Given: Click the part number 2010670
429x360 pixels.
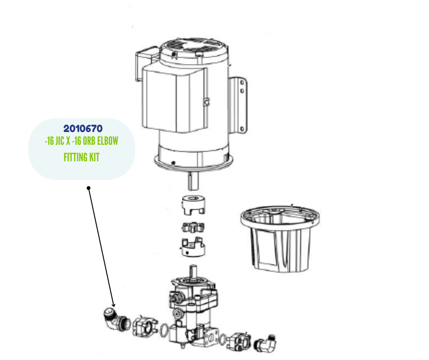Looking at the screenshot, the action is coord(83,128).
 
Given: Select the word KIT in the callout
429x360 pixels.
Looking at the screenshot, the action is coord(94,157).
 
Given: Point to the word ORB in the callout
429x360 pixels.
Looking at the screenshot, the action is coord(89,141).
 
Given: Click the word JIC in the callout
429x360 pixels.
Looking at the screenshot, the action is coord(60,141).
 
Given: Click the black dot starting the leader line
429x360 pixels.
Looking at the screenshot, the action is coord(89,188).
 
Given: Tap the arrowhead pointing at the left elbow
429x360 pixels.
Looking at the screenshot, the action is coord(113,305).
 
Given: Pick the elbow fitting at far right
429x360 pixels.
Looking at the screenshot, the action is coord(265,343).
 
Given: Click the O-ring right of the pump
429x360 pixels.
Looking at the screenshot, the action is coord(222,340).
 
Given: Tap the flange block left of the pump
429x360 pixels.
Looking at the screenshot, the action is coord(145,326).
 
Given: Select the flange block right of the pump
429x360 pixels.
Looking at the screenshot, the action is coord(239,341).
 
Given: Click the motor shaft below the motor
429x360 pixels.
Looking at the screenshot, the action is coord(193,181).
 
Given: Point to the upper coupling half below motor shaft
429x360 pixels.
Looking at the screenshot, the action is coord(193,205).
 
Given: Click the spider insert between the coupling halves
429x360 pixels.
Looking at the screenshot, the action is coord(193,227).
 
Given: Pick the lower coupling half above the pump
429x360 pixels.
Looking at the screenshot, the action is coord(193,247).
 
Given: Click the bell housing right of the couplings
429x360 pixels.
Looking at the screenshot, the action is coord(280,239).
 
